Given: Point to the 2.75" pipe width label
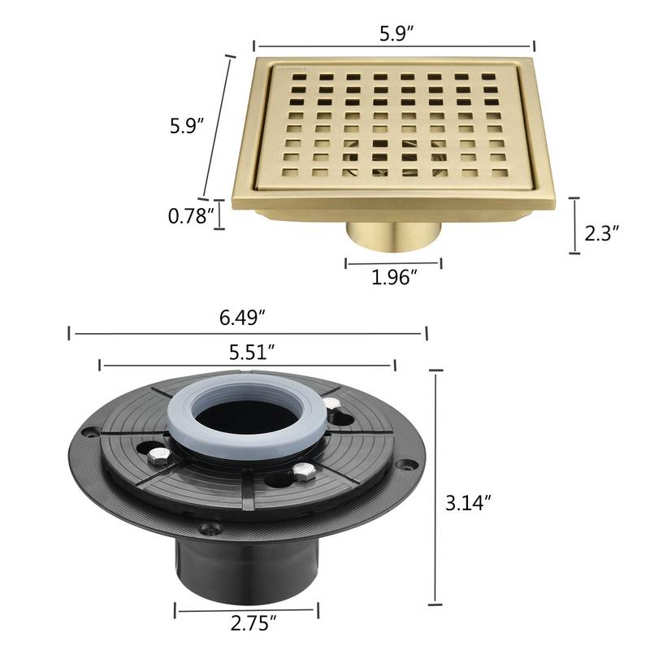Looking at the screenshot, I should click(x=249, y=624).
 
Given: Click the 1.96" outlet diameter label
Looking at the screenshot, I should click(x=394, y=278).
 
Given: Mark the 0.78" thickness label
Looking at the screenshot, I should click(x=191, y=216).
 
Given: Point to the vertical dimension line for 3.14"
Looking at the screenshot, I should click(x=437, y=487).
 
